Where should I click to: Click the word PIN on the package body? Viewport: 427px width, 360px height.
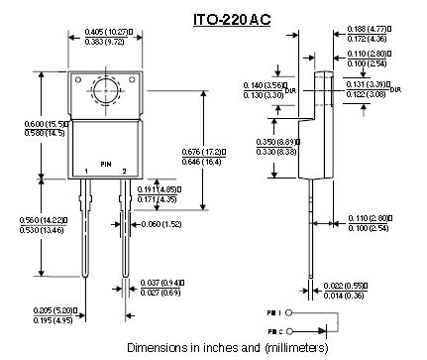pos(105,162)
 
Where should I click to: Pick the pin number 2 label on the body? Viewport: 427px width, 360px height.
pos(126,172)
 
